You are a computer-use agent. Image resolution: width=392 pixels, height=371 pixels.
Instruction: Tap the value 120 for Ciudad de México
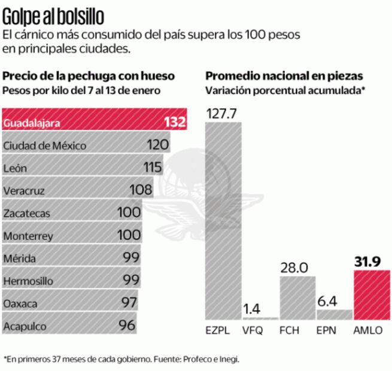click(157, 145)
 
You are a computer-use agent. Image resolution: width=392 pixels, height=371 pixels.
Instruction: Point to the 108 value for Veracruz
click(141, 191)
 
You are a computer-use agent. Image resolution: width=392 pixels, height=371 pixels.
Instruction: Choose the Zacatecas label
click(26, 214)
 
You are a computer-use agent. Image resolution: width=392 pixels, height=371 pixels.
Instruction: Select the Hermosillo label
click(29, 281)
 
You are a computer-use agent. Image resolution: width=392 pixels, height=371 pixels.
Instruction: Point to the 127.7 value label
click(223, 114)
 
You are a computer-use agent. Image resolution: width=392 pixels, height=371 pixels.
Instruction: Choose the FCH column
click(297, 297)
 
